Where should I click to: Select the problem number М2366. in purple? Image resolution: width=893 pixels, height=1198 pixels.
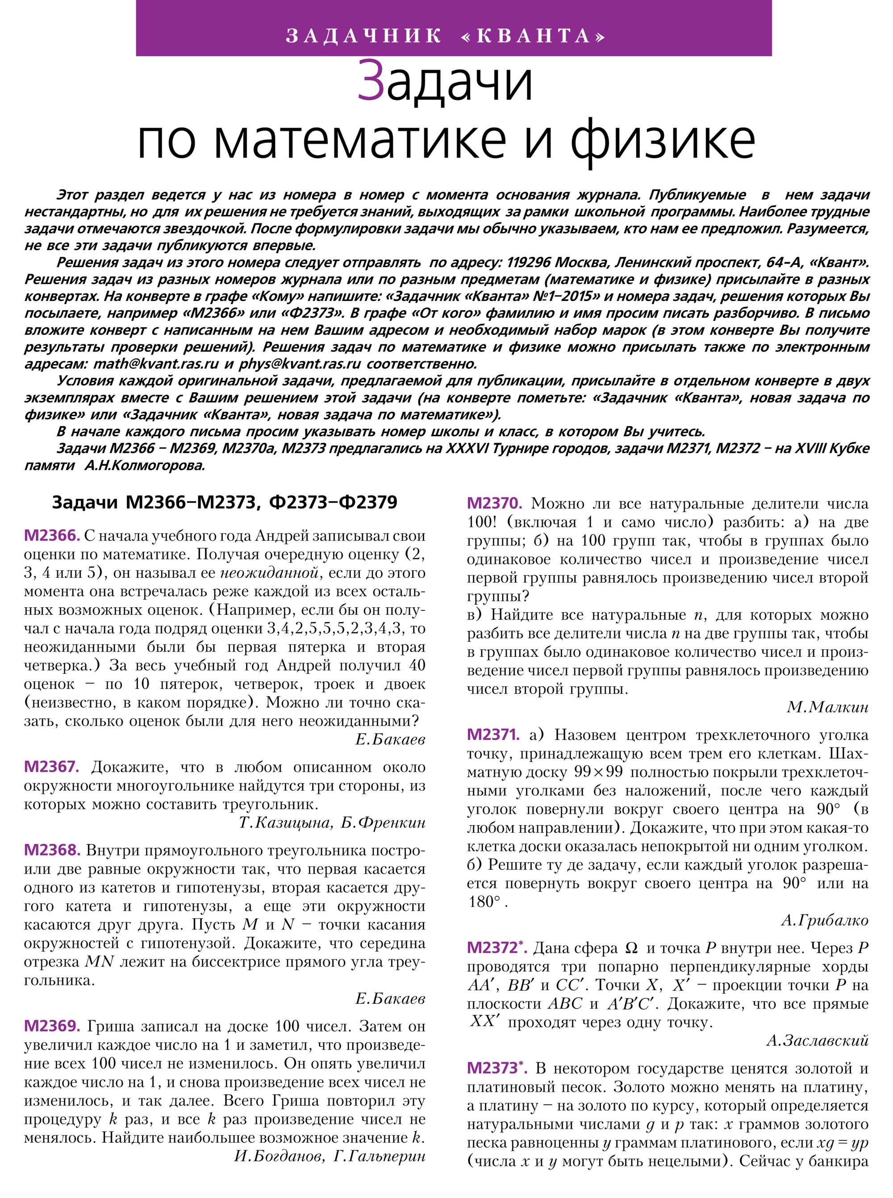point(51,536)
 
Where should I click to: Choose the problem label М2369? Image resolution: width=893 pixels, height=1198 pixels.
point(52,1026)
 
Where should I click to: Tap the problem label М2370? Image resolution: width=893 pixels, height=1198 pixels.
point(494,503)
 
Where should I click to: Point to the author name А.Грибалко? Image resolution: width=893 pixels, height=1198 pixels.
point(824,920)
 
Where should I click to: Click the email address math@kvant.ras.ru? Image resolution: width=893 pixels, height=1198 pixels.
point(156,364)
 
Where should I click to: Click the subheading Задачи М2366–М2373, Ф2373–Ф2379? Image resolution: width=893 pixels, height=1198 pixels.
point(224,502)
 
